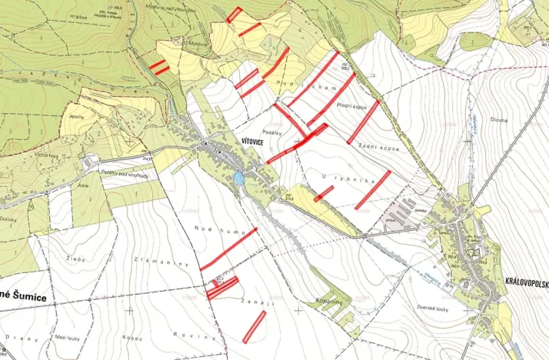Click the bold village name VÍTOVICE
coord(254,142)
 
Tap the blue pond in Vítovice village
coord(239,178)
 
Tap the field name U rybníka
coord(337,179)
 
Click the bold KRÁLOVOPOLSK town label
coord(526,282)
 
